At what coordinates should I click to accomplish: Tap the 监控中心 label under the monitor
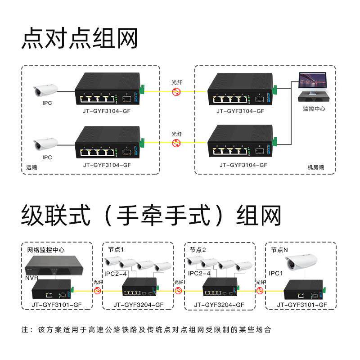(x=314, y=109)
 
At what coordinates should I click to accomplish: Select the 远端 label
(x=31, y=167)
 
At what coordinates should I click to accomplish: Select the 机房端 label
(x=315, y=167)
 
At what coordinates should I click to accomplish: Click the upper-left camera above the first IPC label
(x=45, y=90)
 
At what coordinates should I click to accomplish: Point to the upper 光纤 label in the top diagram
(x=177, y=82)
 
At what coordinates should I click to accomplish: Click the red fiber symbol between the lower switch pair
(x=177, y=143)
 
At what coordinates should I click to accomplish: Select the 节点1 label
(x=116, y=249)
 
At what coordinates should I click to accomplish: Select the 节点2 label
(x=198, y=249)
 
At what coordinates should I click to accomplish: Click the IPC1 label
(x=276, y=273)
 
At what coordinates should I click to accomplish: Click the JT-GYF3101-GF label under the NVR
(x=56, y=305)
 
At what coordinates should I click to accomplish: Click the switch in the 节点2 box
(x=219, y=288)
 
